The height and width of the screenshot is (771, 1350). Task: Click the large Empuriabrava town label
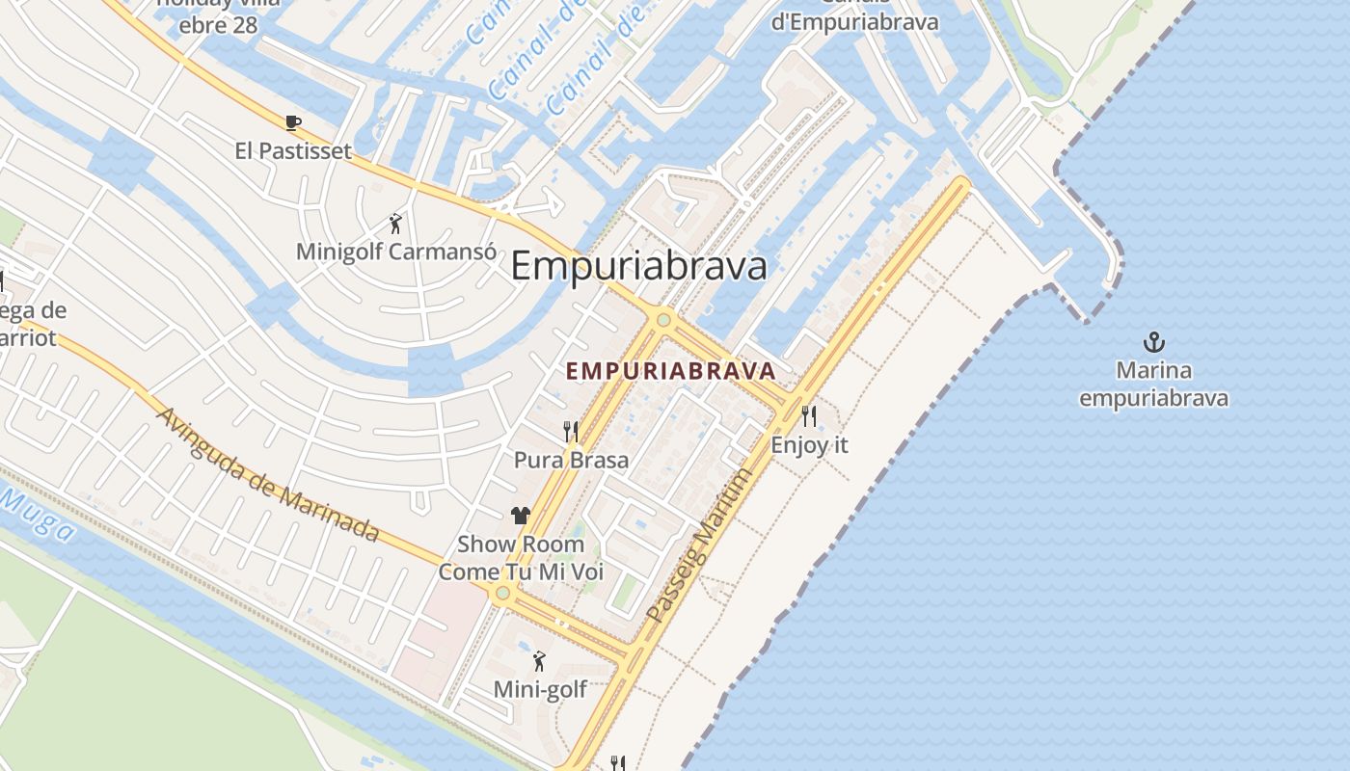638,266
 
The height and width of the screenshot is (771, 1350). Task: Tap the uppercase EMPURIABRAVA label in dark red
671,371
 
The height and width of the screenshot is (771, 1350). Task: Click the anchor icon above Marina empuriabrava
1153,342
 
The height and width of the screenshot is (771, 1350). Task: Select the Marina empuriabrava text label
1153,385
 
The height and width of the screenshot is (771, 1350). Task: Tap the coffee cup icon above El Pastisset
293,122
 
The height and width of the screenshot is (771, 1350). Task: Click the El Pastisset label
293,151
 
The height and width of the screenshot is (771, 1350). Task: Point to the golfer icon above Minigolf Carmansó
395,225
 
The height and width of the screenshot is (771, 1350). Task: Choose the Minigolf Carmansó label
395,253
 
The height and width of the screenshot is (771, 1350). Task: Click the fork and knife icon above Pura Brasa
571,431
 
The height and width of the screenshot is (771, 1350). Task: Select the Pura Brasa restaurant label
571,460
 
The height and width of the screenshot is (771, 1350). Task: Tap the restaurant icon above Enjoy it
809,416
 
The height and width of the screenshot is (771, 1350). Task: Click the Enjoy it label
809,445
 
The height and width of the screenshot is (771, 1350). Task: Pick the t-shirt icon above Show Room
521,516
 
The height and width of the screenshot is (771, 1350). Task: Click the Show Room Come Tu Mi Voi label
521,558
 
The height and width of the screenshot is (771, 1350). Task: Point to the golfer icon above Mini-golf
539,661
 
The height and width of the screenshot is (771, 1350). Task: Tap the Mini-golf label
539,689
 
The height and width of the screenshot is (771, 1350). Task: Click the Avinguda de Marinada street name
267,473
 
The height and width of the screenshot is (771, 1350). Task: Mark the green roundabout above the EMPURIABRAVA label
663,319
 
